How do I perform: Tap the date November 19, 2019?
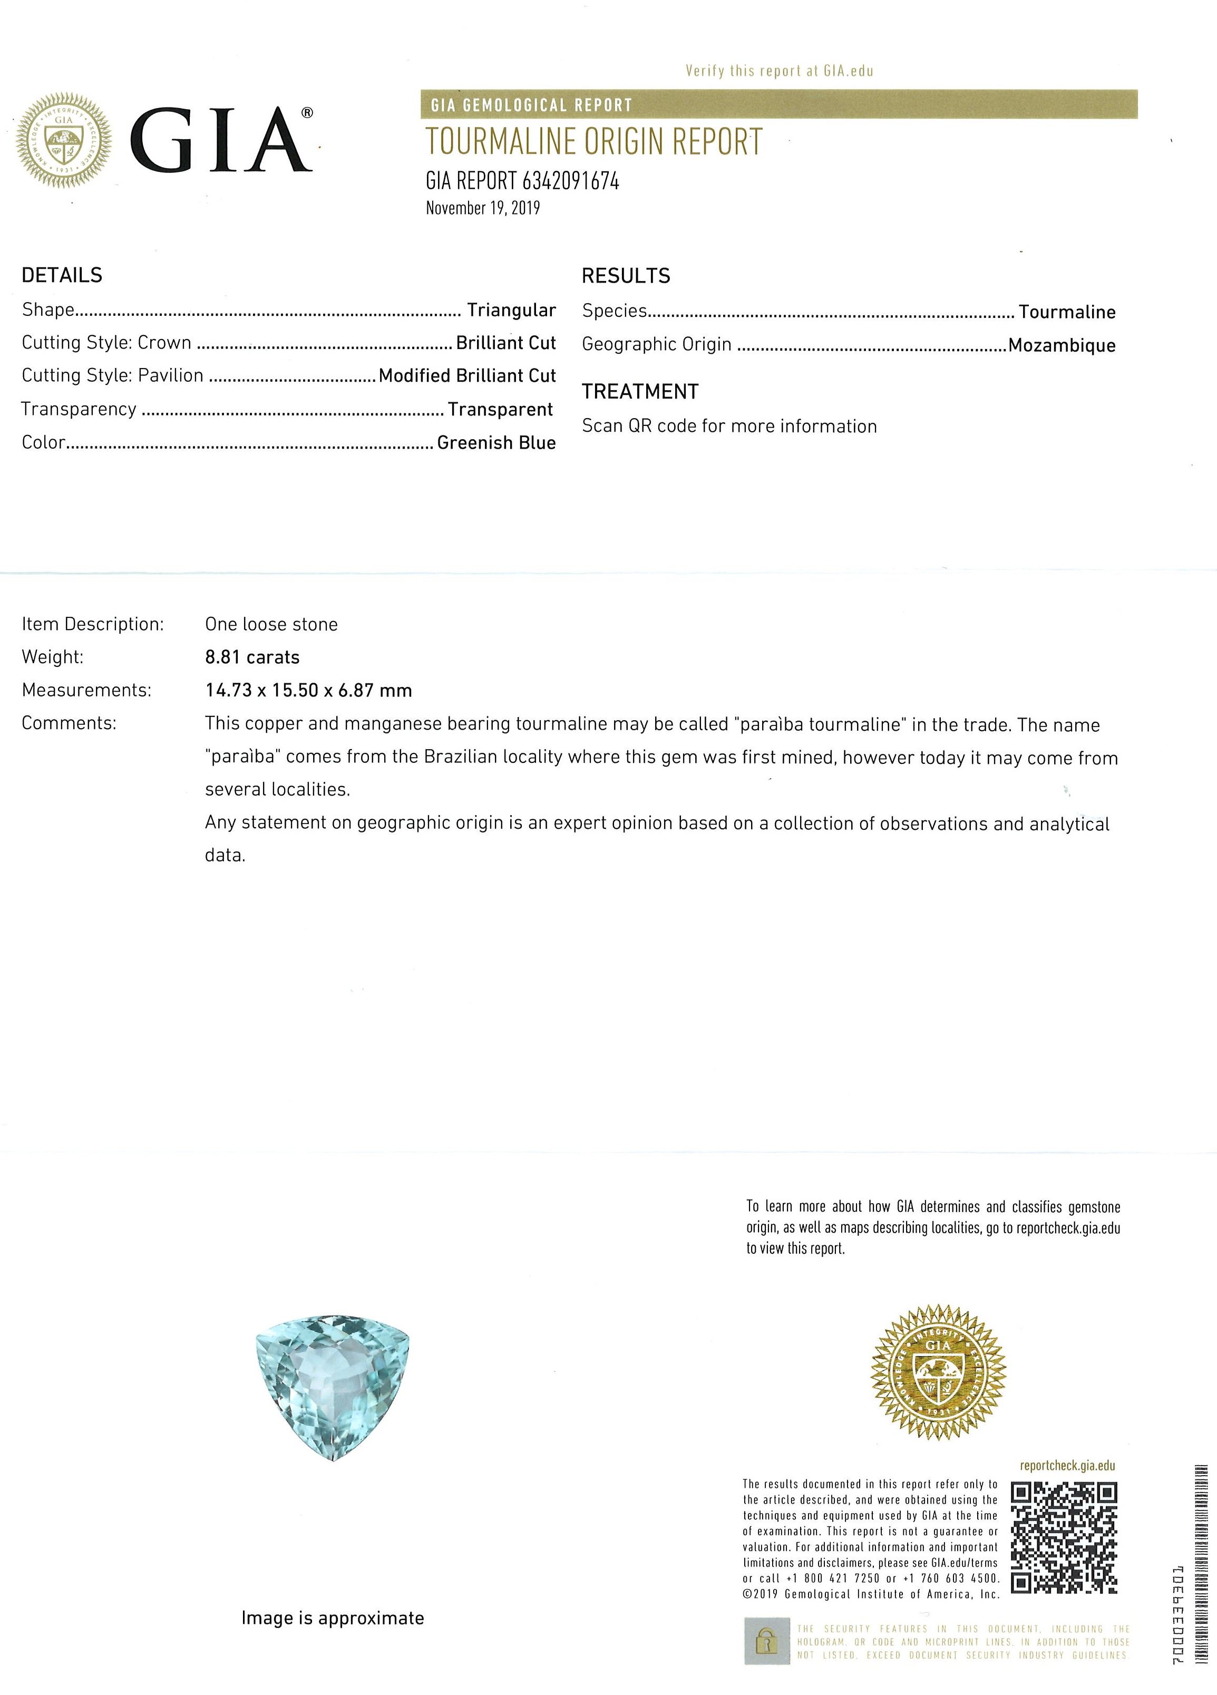point(483,208)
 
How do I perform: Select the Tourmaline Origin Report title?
point(594,142)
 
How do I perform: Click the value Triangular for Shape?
point(511,310)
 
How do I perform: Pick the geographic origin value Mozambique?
point(1062,345)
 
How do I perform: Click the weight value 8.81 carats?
point(252,657)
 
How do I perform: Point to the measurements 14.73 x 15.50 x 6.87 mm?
point(308,691)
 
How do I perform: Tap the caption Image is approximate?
point(333,1618)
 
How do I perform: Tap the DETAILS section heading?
point(62,275)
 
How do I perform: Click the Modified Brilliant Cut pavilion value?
point(467,375)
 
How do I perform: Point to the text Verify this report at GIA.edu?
point(779,71)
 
